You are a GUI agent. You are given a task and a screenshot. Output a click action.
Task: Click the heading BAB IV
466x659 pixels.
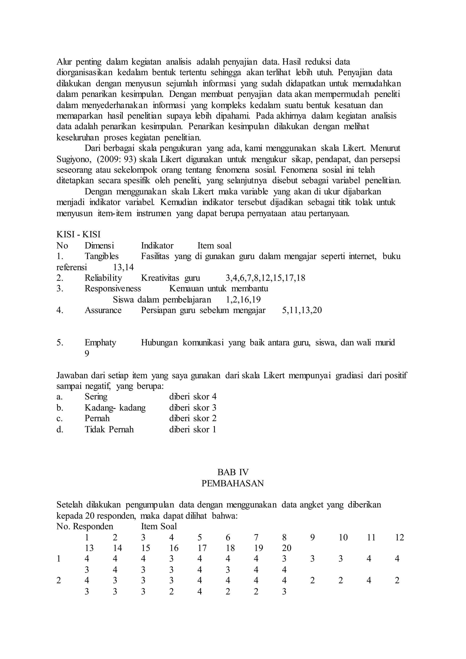point(233,472)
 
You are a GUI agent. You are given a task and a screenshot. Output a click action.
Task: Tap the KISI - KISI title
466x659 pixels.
point(78,235)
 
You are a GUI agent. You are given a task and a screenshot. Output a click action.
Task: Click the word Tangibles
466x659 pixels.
point(101,256)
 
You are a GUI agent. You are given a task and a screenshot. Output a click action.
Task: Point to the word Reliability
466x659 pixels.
point(103,278)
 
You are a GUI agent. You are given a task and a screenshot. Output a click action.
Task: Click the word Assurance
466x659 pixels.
point(103,310)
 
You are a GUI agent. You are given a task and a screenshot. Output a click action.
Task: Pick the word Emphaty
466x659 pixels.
point(100,342)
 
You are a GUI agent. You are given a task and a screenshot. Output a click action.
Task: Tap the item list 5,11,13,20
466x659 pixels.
point(302,310)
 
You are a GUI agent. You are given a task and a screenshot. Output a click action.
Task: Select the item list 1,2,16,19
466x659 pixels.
point(243,300)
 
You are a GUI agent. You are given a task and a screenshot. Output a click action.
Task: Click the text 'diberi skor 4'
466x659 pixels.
point(193,397)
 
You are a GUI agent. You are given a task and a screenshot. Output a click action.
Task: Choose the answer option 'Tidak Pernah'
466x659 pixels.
point(109,429)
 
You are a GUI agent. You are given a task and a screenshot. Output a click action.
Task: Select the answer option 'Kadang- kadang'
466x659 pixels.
point(115,408)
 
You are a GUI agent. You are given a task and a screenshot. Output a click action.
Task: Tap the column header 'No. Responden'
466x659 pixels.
point(85,526)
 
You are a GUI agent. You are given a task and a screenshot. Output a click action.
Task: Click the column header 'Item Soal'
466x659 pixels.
point(159,526)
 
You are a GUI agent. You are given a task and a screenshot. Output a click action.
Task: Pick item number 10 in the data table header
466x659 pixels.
point(343,537)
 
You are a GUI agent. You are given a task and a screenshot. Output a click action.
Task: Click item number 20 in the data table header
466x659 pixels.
point(287,548)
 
